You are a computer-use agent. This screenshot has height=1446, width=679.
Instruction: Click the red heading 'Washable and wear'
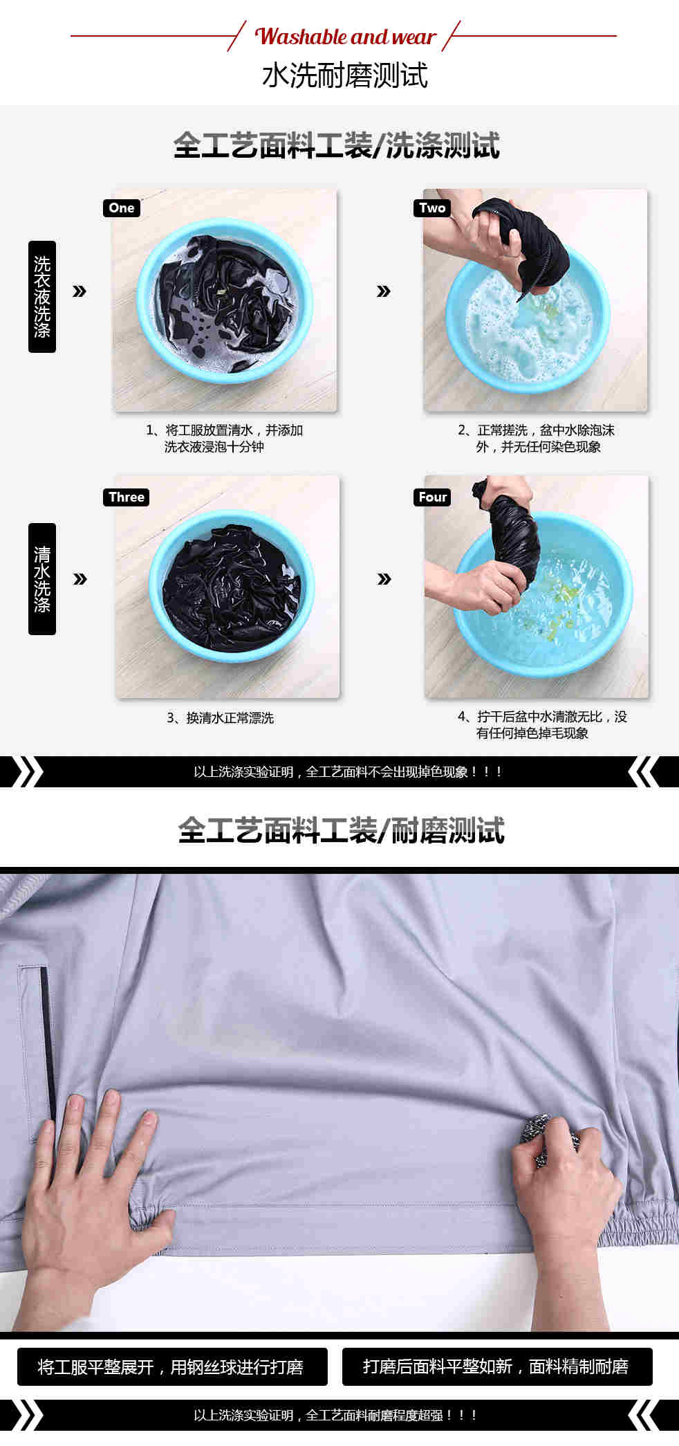click(345, 37)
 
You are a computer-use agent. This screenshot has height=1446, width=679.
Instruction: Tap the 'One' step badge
click(122, 208)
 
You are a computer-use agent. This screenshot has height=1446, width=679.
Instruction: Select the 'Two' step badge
click(432, 208)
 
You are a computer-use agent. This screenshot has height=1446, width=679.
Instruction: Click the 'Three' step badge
click(127, 497)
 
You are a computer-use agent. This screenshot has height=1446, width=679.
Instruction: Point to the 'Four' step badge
click(433, 497)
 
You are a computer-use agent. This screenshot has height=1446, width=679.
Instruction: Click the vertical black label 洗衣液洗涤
click(42, 296)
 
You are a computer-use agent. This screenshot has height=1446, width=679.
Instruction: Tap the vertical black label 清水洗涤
click(42, 578)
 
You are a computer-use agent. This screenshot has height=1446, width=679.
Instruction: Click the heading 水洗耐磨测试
click(345, 76)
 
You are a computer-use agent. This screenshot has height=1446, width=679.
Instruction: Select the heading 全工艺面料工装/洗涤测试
click(337, 145)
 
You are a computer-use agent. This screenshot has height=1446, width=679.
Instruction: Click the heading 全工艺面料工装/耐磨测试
click(341, 830)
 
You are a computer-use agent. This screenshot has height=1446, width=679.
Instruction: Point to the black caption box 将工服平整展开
click(172, 1366)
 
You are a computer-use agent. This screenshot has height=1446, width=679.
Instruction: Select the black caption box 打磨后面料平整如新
click(497, 1366)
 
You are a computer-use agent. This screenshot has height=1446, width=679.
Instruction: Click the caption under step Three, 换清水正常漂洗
click(221, 718)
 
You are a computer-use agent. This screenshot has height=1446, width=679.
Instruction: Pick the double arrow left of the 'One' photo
click(80, 291)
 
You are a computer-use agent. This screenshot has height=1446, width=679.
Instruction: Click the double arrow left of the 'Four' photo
click(384, 579)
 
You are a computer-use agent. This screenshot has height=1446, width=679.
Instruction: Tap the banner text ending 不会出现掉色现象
click(348, 772)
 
